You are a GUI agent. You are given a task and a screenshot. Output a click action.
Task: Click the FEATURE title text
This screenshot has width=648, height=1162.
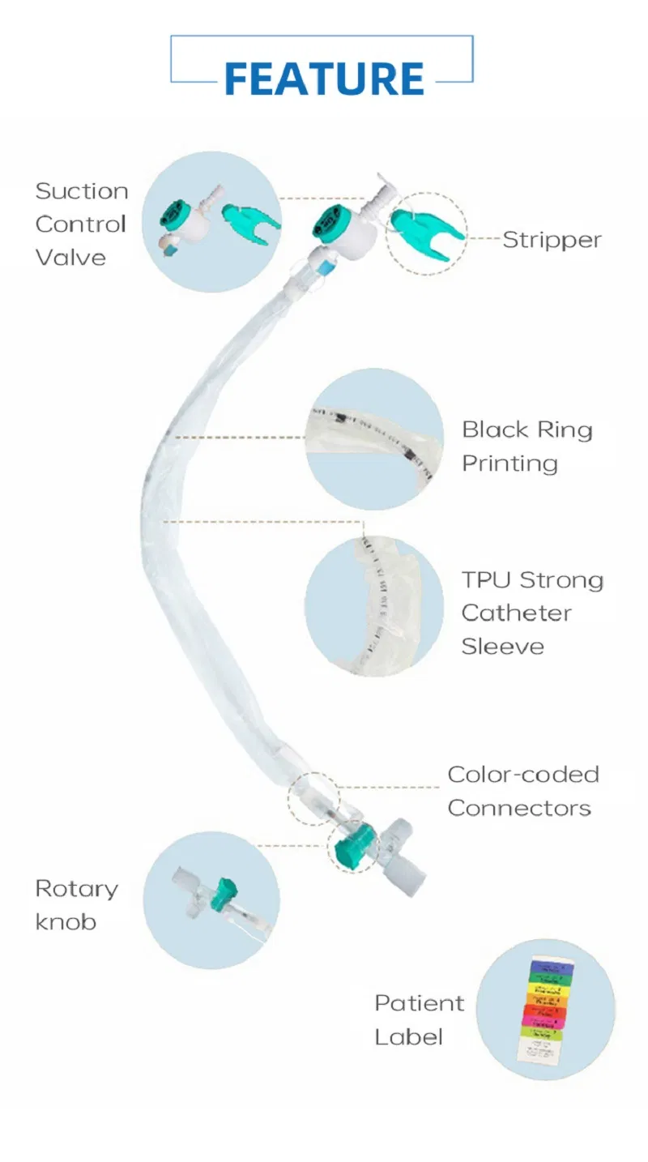click(x=324, y=78)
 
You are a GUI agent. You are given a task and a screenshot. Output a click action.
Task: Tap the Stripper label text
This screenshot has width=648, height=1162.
click(x=552, y=240)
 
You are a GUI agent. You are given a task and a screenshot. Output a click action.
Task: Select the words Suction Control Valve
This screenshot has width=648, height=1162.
click(x=81, y=224)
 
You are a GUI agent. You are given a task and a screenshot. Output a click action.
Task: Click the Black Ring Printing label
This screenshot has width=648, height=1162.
click(x=526, y=446)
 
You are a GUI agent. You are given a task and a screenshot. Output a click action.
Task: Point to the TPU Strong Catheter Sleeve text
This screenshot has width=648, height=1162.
click(x=532, y=613)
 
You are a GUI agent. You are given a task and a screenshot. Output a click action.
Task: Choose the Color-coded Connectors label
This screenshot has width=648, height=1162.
click(x=522, y=791)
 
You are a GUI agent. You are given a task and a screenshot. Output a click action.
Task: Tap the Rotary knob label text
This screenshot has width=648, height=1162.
click(x=76, y=905)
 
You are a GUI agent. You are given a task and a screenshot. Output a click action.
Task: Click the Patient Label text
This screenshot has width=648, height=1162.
click(x=419, y=1019)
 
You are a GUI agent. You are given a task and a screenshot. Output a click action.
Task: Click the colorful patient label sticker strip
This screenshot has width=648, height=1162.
click(x=544, y=1009)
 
